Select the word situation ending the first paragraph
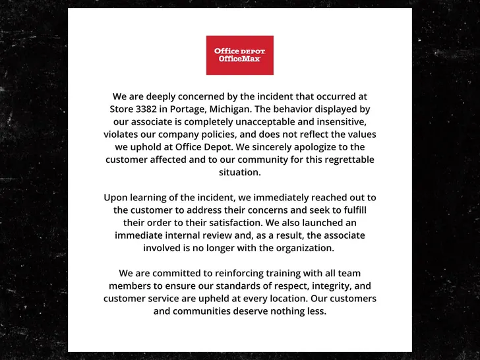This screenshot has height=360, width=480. tap(240, 172)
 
